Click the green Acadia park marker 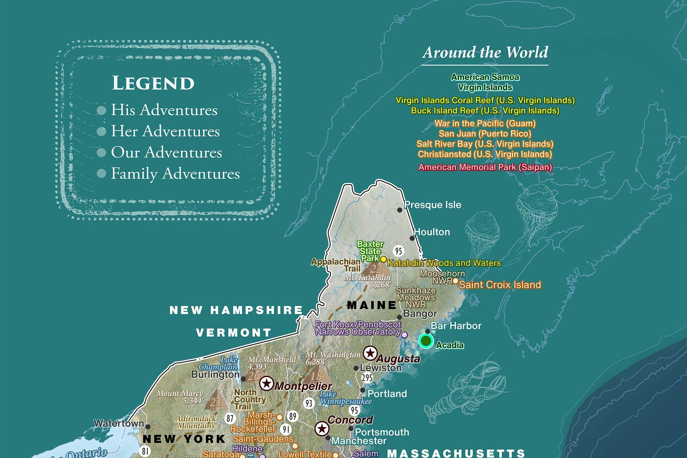(x=426, y=341)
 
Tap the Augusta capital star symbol (x=370, y=353)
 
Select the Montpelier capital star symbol (x=266, y=383)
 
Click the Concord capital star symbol (x=322, y=428)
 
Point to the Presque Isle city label (x=432, y=205)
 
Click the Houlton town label (x=432, y=232)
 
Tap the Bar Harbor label (x=456, y=326)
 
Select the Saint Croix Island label (x=500, y=284)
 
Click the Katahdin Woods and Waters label (x=444, y=263)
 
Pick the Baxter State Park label (x=370, y=251)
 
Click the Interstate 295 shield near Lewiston (x=367, y=378)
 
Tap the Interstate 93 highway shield (x=309, y=403)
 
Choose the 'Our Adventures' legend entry (x=166, y=152)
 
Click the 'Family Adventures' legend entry (x=175, y=174)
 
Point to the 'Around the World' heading (x=485, y=53)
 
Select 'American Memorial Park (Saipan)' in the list (x=485, y=167)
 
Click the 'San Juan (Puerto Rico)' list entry (x=485, y=134)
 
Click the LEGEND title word (x=153, y=83)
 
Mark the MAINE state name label (x=372, y=305)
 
